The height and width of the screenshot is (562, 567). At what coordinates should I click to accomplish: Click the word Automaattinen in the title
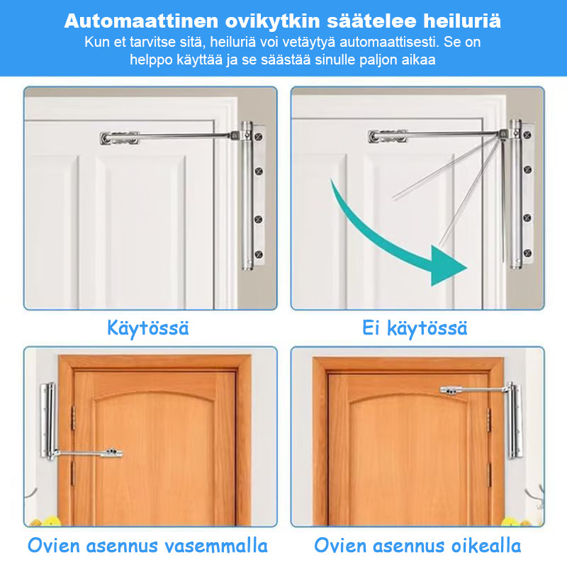141,21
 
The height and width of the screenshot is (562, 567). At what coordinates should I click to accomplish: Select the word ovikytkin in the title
273,21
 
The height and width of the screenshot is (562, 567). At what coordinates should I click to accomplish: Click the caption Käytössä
148,328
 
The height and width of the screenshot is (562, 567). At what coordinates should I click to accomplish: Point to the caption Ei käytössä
415,328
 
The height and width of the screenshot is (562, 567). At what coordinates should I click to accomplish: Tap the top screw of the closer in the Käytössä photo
259,137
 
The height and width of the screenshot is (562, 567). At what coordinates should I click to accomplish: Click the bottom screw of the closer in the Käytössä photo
259,254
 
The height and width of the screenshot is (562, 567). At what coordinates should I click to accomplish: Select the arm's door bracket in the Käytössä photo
119,137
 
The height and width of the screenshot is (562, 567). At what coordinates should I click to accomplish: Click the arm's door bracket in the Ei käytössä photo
388,136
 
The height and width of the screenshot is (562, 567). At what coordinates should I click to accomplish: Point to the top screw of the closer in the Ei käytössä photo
527,135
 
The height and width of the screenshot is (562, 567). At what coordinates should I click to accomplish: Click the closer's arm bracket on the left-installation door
111,452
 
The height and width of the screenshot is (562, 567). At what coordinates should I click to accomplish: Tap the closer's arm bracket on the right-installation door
451,390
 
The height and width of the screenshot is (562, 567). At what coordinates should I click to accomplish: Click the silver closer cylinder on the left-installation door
48,420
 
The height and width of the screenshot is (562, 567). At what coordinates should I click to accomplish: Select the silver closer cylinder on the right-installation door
515,420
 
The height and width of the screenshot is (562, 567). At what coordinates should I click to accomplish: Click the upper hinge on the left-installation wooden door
73,418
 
